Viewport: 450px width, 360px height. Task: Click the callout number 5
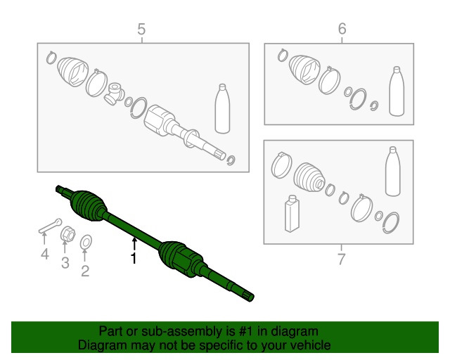coord(141,30)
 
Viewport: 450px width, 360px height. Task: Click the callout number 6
coord(342,29)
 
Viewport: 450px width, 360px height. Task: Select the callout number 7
coord(341,259)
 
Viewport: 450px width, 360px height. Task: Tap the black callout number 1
coord(134,258)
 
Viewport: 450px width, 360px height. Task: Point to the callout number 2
coord(85,271)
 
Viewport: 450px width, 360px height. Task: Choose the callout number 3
coord(65,263)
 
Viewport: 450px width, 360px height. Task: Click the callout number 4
coord(45,254)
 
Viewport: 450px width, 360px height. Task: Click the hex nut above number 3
coord(67,233)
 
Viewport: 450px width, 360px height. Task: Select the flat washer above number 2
coord(86,242)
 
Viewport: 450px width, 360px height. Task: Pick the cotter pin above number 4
coord(50,226)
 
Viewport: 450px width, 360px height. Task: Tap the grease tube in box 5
coord(222,108)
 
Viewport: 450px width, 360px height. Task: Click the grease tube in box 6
coord(397,91)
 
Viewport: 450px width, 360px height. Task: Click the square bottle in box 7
coord(292,213)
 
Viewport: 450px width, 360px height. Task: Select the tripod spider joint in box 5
coord(114,94)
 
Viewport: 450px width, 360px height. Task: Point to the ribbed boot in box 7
coord(309,177)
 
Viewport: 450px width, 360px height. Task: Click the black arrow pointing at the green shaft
coord(134,244)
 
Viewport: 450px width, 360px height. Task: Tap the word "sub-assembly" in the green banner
coord(182,331)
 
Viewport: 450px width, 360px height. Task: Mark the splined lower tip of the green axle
coord(248,297)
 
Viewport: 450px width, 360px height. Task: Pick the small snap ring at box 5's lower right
coord(231,160)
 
